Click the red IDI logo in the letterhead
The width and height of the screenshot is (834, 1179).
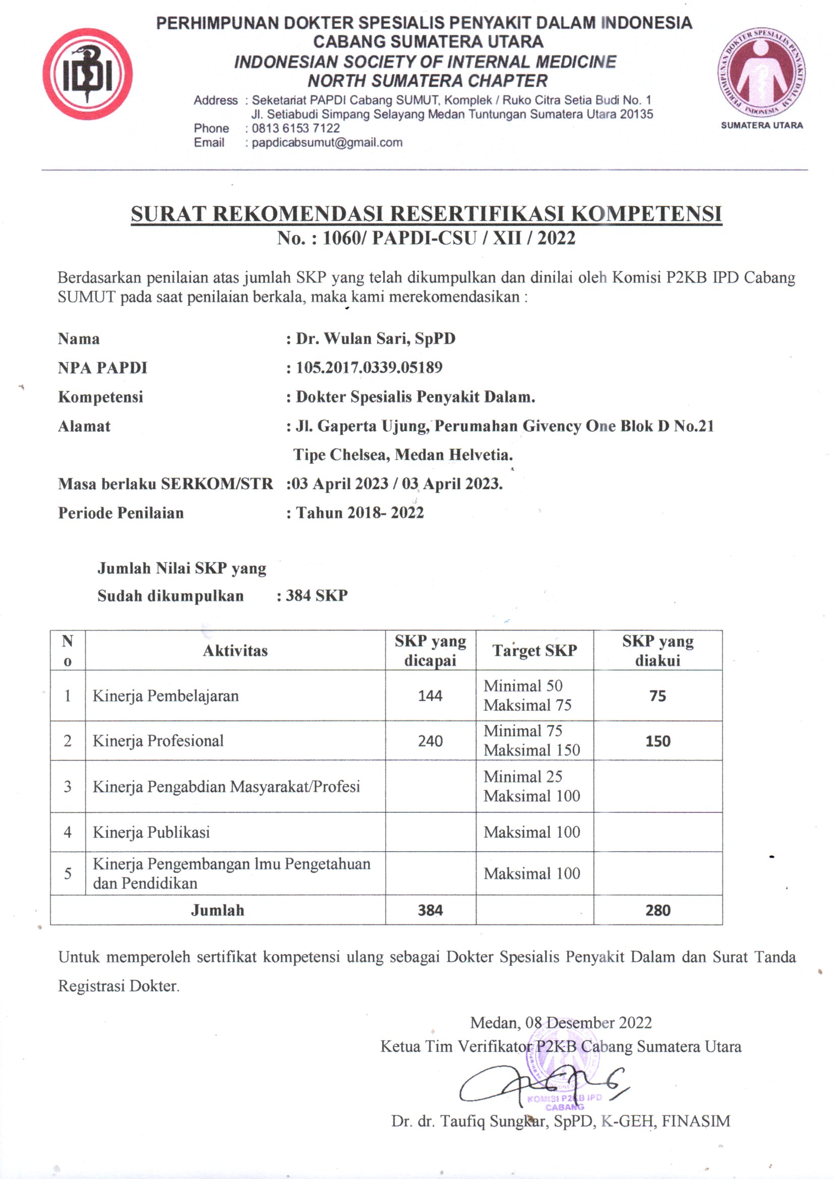click(87, 74)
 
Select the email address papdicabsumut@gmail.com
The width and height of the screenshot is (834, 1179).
click(327, 142)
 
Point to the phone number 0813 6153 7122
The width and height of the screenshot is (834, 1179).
click(296, 128)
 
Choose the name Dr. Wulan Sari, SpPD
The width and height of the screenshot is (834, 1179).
click(376, 338)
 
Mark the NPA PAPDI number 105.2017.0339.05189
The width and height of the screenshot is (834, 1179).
click(369, 368)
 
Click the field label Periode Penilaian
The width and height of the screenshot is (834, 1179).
click(121, 513)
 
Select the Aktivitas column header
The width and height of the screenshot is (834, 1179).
click(235, 651)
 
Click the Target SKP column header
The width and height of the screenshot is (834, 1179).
click(534, 651)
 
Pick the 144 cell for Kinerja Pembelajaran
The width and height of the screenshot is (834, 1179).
click(430, 696)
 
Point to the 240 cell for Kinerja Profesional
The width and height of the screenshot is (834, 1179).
click(430, 741)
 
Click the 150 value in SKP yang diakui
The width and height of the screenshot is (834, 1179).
click(658, 741)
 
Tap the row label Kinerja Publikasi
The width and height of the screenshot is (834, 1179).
click(151, 832)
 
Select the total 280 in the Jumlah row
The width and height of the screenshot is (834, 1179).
click(658, 910)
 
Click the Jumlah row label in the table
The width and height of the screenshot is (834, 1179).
click(217, 910)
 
